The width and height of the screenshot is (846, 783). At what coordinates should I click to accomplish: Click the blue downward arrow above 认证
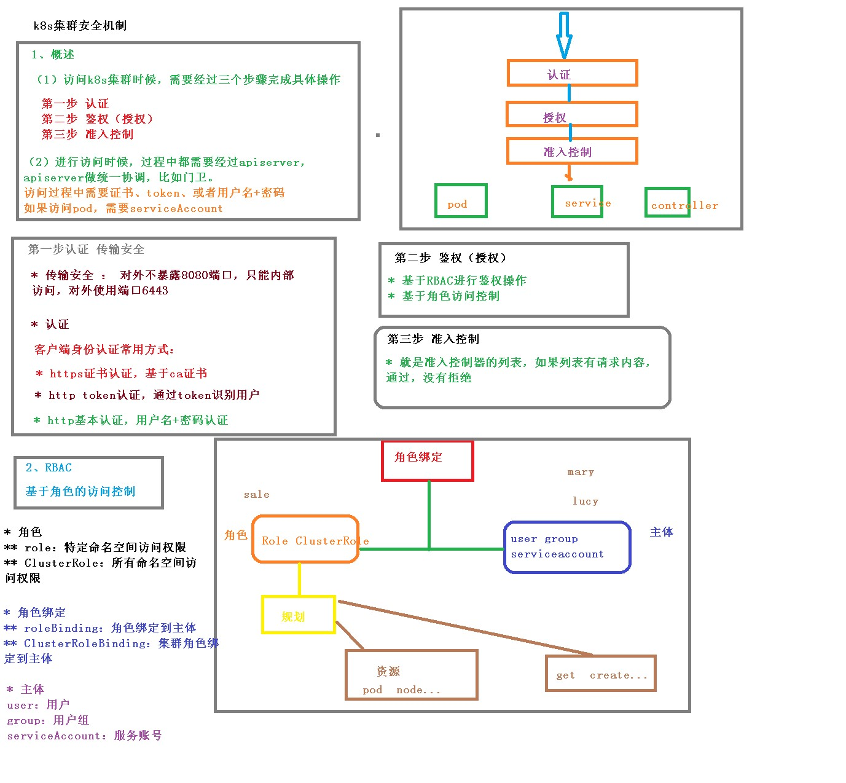(564, 36)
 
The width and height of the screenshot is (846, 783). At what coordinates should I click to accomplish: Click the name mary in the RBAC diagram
(581, 472)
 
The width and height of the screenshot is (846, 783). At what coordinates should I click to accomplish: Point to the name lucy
(586, 501)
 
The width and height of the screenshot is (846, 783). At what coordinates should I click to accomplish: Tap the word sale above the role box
(256, 494)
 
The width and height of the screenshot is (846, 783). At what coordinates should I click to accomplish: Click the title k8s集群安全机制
(80, 26)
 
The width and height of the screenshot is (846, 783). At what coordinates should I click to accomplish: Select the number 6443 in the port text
(155, 291)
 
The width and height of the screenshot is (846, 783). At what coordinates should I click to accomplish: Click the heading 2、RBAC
(49, 468)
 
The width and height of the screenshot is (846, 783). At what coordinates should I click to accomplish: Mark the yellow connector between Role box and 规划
(299, 579)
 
